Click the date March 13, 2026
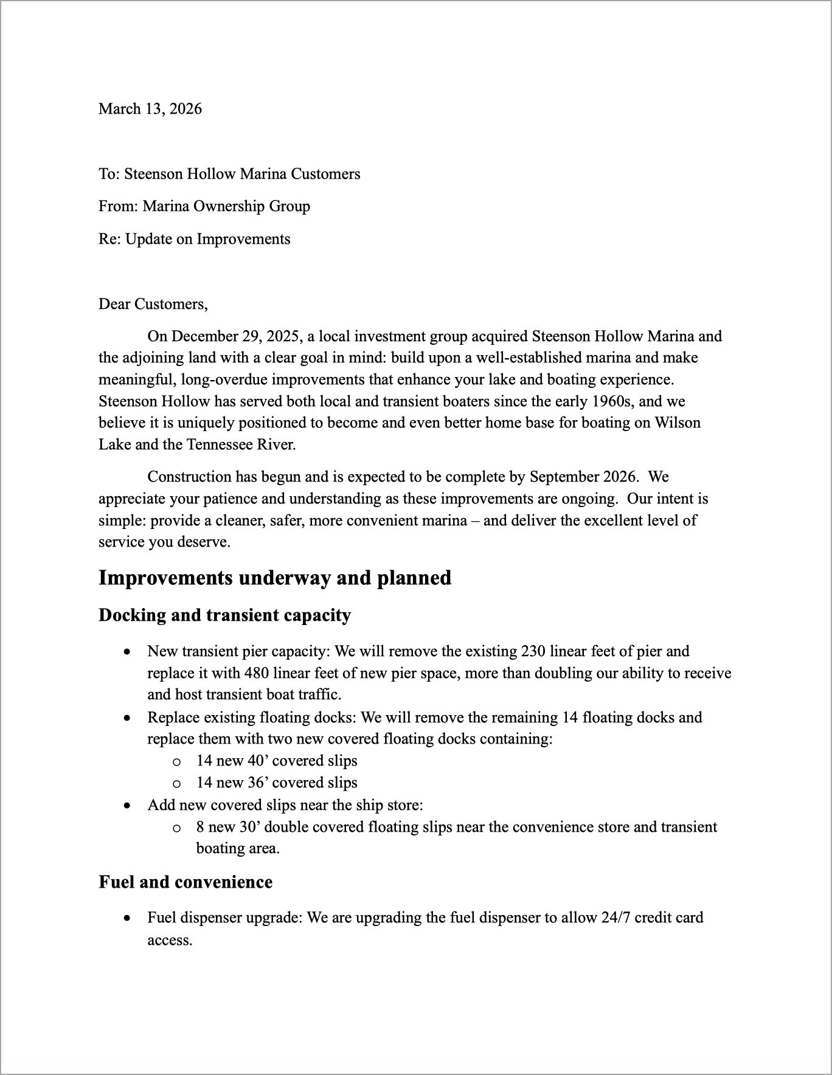150,109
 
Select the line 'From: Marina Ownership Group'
204,206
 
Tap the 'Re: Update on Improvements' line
195,239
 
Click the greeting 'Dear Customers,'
153,303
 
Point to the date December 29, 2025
237,336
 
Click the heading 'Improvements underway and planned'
275,578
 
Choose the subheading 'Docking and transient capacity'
225,615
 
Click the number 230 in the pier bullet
533,651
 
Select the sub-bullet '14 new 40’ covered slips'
277,761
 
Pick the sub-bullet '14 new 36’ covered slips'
277,783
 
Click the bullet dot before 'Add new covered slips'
127,805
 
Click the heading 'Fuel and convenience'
185,882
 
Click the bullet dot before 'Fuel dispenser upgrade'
127,918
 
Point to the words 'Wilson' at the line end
677,423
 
